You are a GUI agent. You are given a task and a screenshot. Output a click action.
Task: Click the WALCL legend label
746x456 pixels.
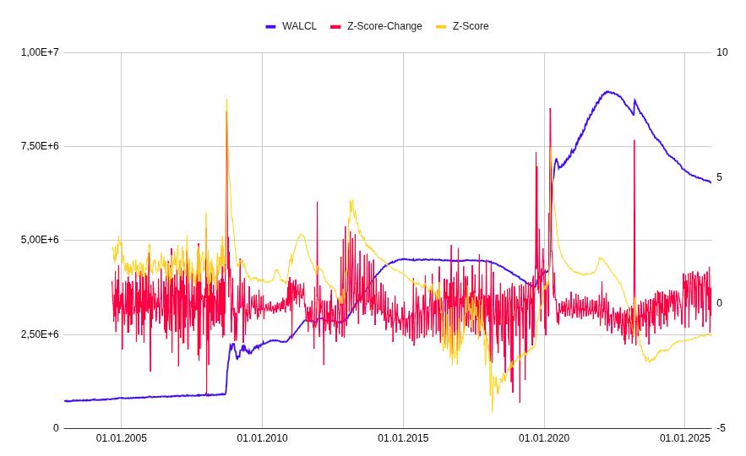[x=299, y=26]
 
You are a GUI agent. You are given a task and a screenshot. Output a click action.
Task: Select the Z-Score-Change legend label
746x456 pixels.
[x=384, y=26]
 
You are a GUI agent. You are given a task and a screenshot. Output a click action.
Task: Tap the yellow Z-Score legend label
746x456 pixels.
[x=471, y=26]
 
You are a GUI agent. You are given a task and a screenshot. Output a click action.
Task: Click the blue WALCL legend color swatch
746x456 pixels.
[x=271, y=26]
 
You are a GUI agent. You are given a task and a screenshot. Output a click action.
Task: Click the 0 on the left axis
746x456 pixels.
[x=56, y=428]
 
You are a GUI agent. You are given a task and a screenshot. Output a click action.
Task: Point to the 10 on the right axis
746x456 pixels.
[x=721, y=52]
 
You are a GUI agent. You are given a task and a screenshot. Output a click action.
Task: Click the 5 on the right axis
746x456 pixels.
[x=719, y=177]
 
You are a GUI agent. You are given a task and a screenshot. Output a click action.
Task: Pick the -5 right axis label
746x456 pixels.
[x=721, y=428]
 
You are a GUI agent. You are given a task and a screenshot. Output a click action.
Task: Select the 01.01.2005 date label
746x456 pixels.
[x=121, y=438]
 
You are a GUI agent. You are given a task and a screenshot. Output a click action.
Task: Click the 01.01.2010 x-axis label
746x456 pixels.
[x=262, y=438]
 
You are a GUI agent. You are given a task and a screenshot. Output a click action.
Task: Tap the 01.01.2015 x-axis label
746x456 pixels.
[x=403, y=438]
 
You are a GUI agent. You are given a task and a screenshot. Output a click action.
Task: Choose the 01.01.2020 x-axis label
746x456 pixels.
[x=544, y=438]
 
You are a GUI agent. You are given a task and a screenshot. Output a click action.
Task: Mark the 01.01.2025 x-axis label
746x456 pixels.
[x=684, y=438]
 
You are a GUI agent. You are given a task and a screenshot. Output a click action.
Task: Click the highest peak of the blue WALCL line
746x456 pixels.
[x=607, y=91]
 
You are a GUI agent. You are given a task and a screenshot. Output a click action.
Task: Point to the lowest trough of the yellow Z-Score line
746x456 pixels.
[x=492, y=411]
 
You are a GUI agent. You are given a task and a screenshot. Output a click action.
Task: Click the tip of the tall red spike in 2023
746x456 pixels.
[x=634, y=140]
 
